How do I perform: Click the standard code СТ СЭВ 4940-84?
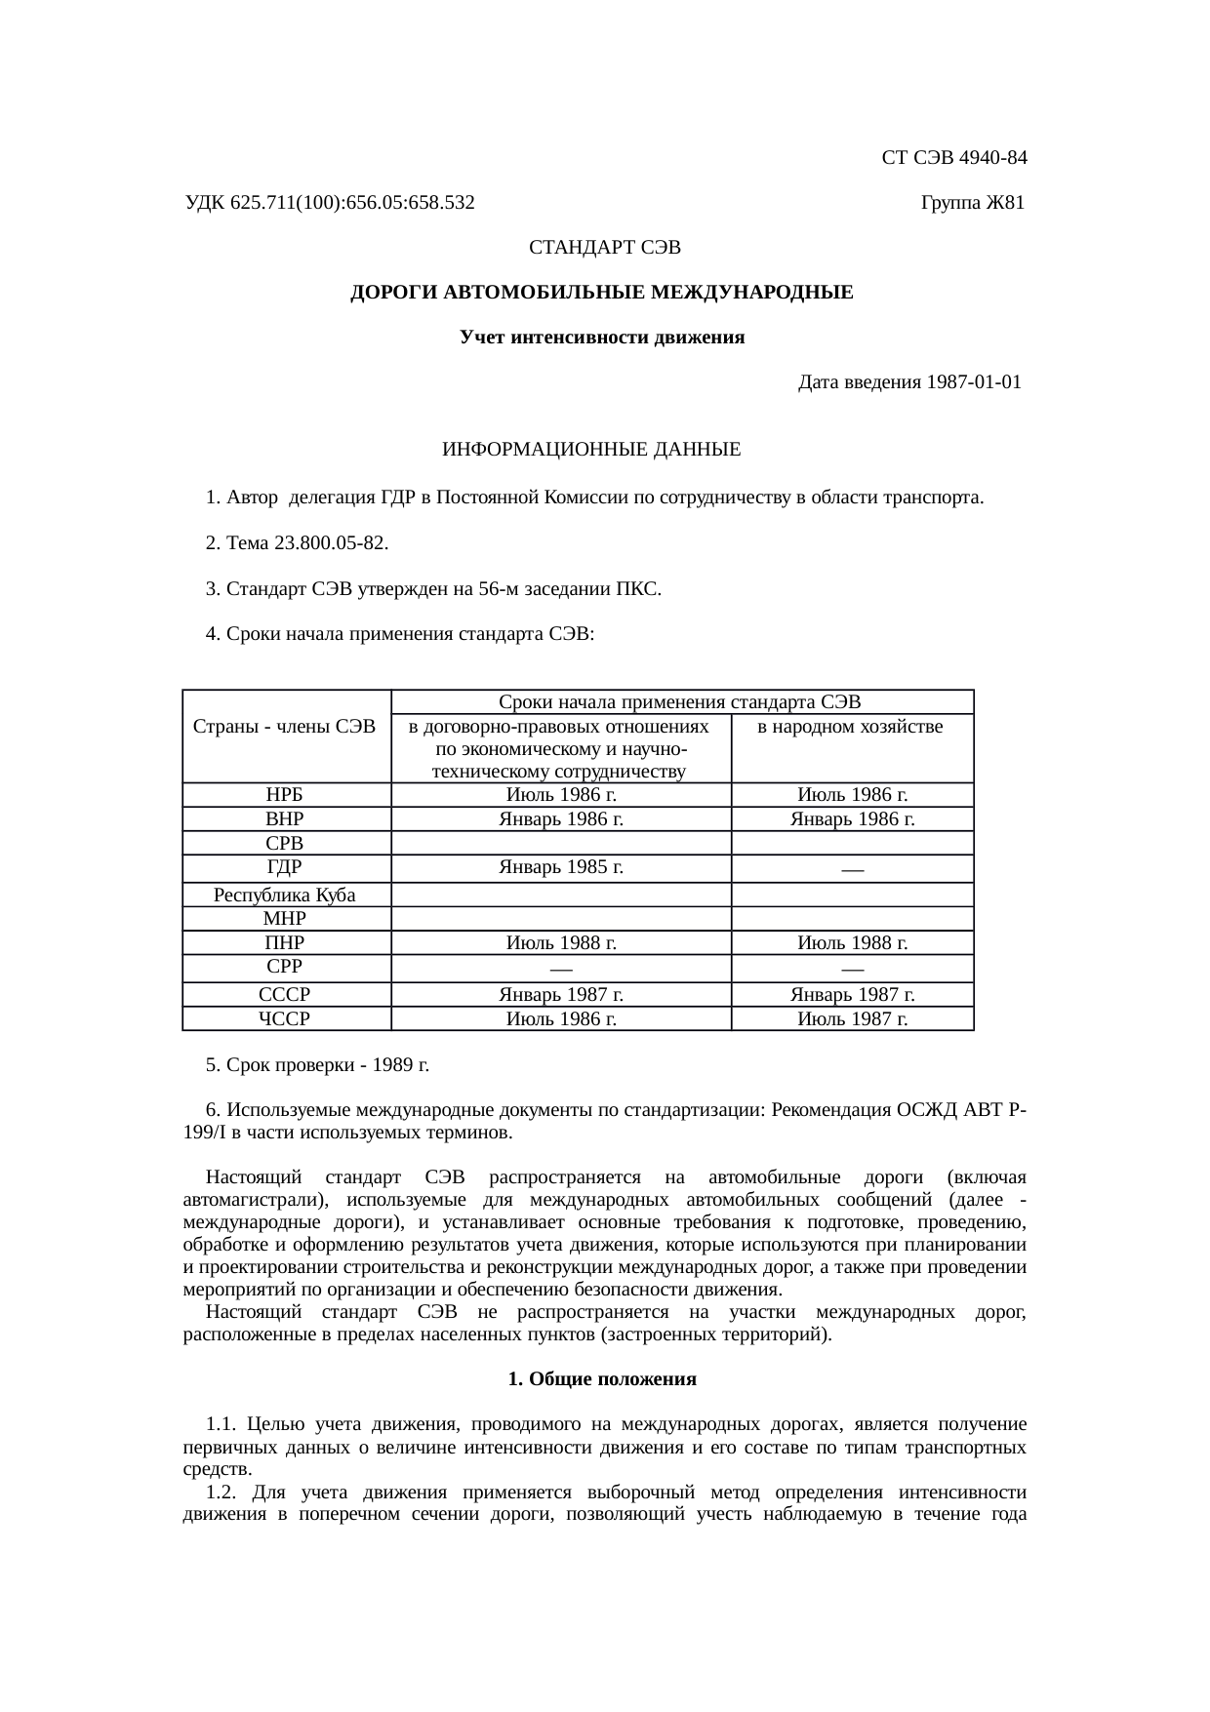pyautogui.click(x=953, y=158)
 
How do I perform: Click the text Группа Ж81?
pyautogui.click(x=972, y=203)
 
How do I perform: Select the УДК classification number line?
pyautogui.click(x=330, y=203)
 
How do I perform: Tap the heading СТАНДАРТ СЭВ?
pyautogui.click(x=604, y=248)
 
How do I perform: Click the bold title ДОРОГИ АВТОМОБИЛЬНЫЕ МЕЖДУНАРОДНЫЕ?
pyautogui.click(x=601, y=293)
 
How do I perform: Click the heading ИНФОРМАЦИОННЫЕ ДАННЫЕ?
pyautogui.click(x=591, y=450)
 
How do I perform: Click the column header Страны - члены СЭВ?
pyautogui.click(x=285, y=727)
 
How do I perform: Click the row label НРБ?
pyautogui.click(x=285, y=795)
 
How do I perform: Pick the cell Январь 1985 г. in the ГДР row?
pyautogui.click(x=561, y=866)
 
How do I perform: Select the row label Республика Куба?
pyautogui.click(x=285, y=895)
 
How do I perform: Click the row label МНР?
pyautogui.click(x=285, y=919)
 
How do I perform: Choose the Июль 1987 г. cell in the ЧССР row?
pyautogui.click(x=852, y=1019)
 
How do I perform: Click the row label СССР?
pyautogui.click(x=285, y=995)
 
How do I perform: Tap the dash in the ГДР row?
pyautogui.click(x=852, y=869)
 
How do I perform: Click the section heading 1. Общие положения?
pyautogui.click(x=601, y=1379)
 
